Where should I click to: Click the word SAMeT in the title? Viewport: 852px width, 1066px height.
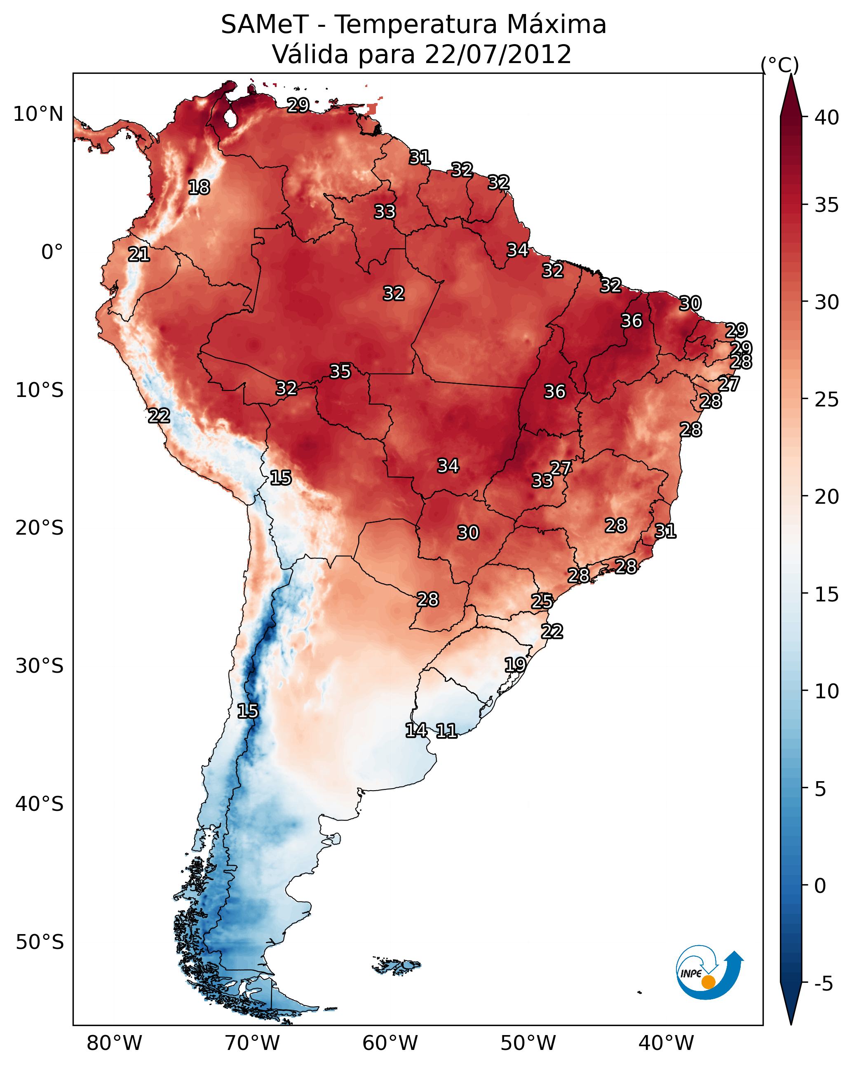click(x=265, y=25)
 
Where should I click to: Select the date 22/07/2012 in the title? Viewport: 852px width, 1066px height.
click(x=498, y=54)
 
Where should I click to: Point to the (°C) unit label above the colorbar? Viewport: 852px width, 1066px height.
click(x=779, y=65)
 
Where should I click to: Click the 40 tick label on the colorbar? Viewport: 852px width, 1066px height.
click(x=827, y=117)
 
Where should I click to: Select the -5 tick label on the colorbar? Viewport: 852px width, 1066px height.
click(x=823, y=984)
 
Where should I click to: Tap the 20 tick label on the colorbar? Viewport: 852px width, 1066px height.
click(x=827, y=496)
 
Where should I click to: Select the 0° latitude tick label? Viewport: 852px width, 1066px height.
click(x=52, y=252)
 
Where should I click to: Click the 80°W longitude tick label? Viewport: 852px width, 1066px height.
click(x=114, y=1043)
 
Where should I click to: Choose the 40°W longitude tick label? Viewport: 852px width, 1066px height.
click(x=666, y=1043)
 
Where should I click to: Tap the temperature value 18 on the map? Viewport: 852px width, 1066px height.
click(x=199, y=188)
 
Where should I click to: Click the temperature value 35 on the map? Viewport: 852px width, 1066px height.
click(x=340, y=371)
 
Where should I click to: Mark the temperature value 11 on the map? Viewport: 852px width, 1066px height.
click(x=446, y=731)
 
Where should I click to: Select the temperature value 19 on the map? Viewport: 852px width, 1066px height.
click(x=515, y=664)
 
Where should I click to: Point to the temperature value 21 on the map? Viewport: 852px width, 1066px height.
click(x=139, y=255)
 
